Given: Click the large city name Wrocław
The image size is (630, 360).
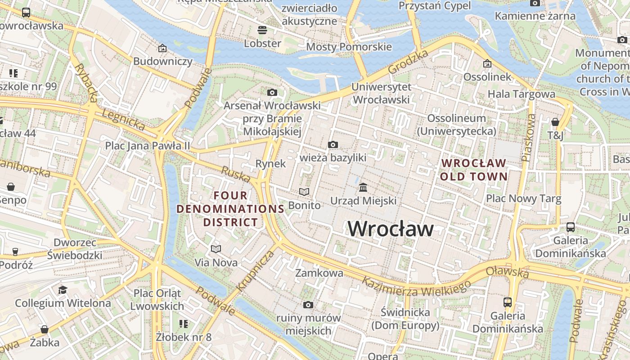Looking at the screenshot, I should [x=391, y=229].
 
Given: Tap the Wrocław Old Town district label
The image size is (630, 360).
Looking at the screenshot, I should [x=473, y=170].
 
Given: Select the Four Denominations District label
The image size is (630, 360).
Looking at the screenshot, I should [x=230, y=209].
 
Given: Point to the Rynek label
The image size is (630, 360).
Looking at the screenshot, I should [x=270, y=164].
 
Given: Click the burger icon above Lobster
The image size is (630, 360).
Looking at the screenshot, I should [x=262, y=30].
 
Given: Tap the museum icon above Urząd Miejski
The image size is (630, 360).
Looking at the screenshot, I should [x=363, y=187].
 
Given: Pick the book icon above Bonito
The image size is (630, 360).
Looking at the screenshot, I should [x=304, y=192].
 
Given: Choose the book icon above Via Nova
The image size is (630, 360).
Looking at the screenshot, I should [x=216, y=249].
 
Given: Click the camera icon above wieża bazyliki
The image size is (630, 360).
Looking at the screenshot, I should [x=333, y=144].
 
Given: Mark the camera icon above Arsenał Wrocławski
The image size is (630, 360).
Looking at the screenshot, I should [x=272, y=92].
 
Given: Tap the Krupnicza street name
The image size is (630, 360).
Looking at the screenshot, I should [x=255, y=270].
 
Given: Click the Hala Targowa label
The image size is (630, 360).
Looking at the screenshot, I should [x=521, y=94].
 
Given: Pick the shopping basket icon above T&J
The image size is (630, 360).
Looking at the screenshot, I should [x=555, y=122].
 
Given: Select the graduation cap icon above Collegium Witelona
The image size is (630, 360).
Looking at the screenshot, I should [x=63, y=289].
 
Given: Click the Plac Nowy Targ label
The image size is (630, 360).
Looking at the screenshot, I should [x=523, y=198].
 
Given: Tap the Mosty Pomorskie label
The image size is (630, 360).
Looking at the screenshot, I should [x=349, y=47].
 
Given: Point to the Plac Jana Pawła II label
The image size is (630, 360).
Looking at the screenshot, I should [x=148, y=146].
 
